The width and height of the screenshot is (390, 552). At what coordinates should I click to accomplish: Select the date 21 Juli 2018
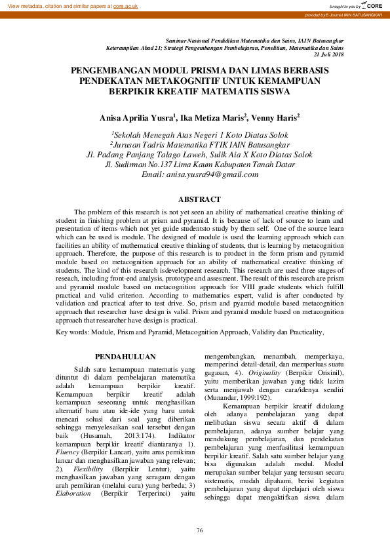328,55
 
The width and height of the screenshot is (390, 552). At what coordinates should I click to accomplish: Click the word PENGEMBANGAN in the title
111,69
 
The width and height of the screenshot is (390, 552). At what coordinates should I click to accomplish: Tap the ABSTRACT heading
199,199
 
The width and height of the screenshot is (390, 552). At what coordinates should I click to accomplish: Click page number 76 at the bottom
199,530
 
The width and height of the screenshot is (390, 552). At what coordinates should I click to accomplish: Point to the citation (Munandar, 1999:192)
236,398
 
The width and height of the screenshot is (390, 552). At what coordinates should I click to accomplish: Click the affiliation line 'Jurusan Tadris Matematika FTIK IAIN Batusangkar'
199,145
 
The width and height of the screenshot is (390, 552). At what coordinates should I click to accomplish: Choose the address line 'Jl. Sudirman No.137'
147,165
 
